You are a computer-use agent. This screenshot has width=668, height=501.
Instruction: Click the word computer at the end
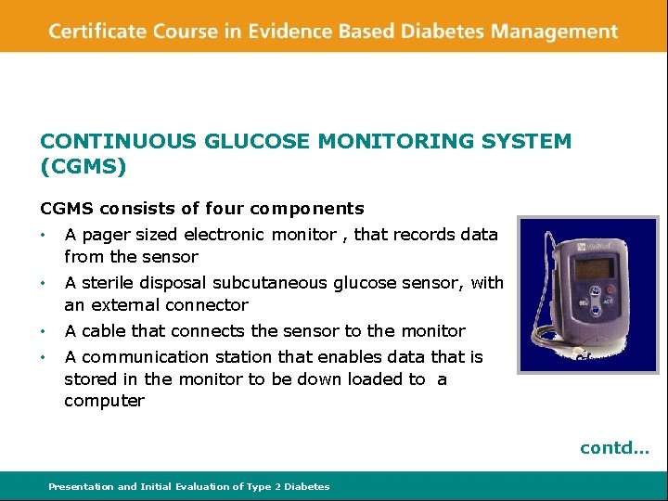tap(104, 402)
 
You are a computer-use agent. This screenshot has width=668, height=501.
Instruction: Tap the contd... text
tap(615, 448)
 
